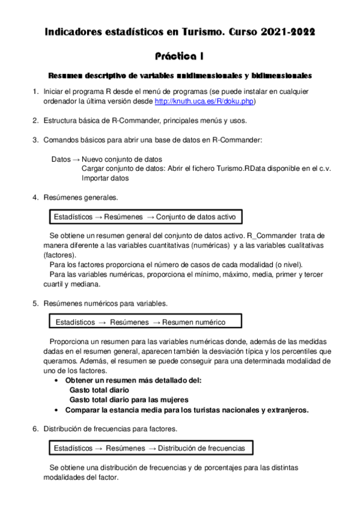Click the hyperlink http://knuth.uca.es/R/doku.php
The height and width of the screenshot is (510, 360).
204,102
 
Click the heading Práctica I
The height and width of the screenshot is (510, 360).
179,56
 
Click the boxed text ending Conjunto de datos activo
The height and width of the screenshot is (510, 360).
145,216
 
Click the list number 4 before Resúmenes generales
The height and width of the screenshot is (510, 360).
35,197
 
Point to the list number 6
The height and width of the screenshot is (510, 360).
35,429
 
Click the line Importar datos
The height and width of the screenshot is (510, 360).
105,178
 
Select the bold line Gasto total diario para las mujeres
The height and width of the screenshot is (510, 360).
129,399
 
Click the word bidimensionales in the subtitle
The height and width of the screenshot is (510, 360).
278,76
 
